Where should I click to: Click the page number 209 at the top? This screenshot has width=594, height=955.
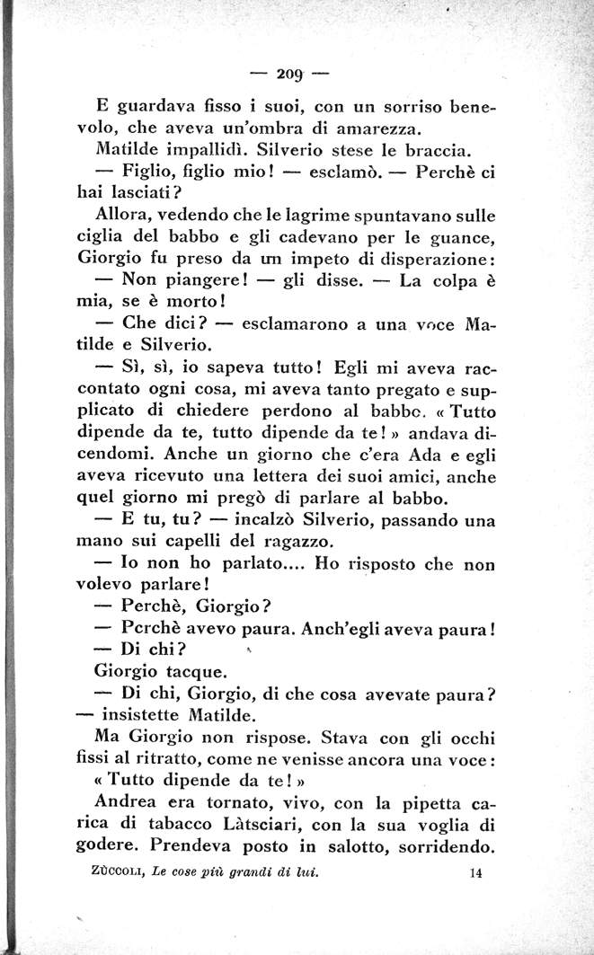click(x=289, y=74)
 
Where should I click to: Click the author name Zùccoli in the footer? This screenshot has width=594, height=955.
click(x=119, y=871)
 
